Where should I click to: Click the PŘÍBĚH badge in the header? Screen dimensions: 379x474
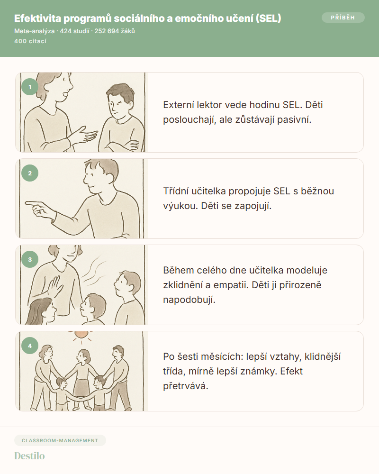[x=343, y=18]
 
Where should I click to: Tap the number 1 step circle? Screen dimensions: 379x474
[x=30, y=87]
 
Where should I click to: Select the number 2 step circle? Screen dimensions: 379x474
[x=30, y=173]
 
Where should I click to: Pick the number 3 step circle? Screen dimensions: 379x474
[x=30, y=259]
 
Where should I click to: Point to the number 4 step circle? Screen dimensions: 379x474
[x=30, y=346]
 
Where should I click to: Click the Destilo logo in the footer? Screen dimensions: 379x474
[x=29, y=456]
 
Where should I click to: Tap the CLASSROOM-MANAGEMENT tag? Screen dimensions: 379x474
[x=60, y=440]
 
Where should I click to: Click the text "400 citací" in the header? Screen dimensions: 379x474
[x=30, y=41]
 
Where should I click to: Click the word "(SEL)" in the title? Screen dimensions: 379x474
[x=269, y=18]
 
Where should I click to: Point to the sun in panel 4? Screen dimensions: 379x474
[x=81, y=334]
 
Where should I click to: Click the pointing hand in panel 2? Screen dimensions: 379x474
[x=39, y=208]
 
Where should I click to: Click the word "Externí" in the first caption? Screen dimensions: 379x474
[x=179, y=105]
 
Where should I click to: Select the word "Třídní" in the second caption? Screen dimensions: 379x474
[x=177, y=191]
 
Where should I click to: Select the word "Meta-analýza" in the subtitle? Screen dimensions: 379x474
[x=35, y=31]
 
